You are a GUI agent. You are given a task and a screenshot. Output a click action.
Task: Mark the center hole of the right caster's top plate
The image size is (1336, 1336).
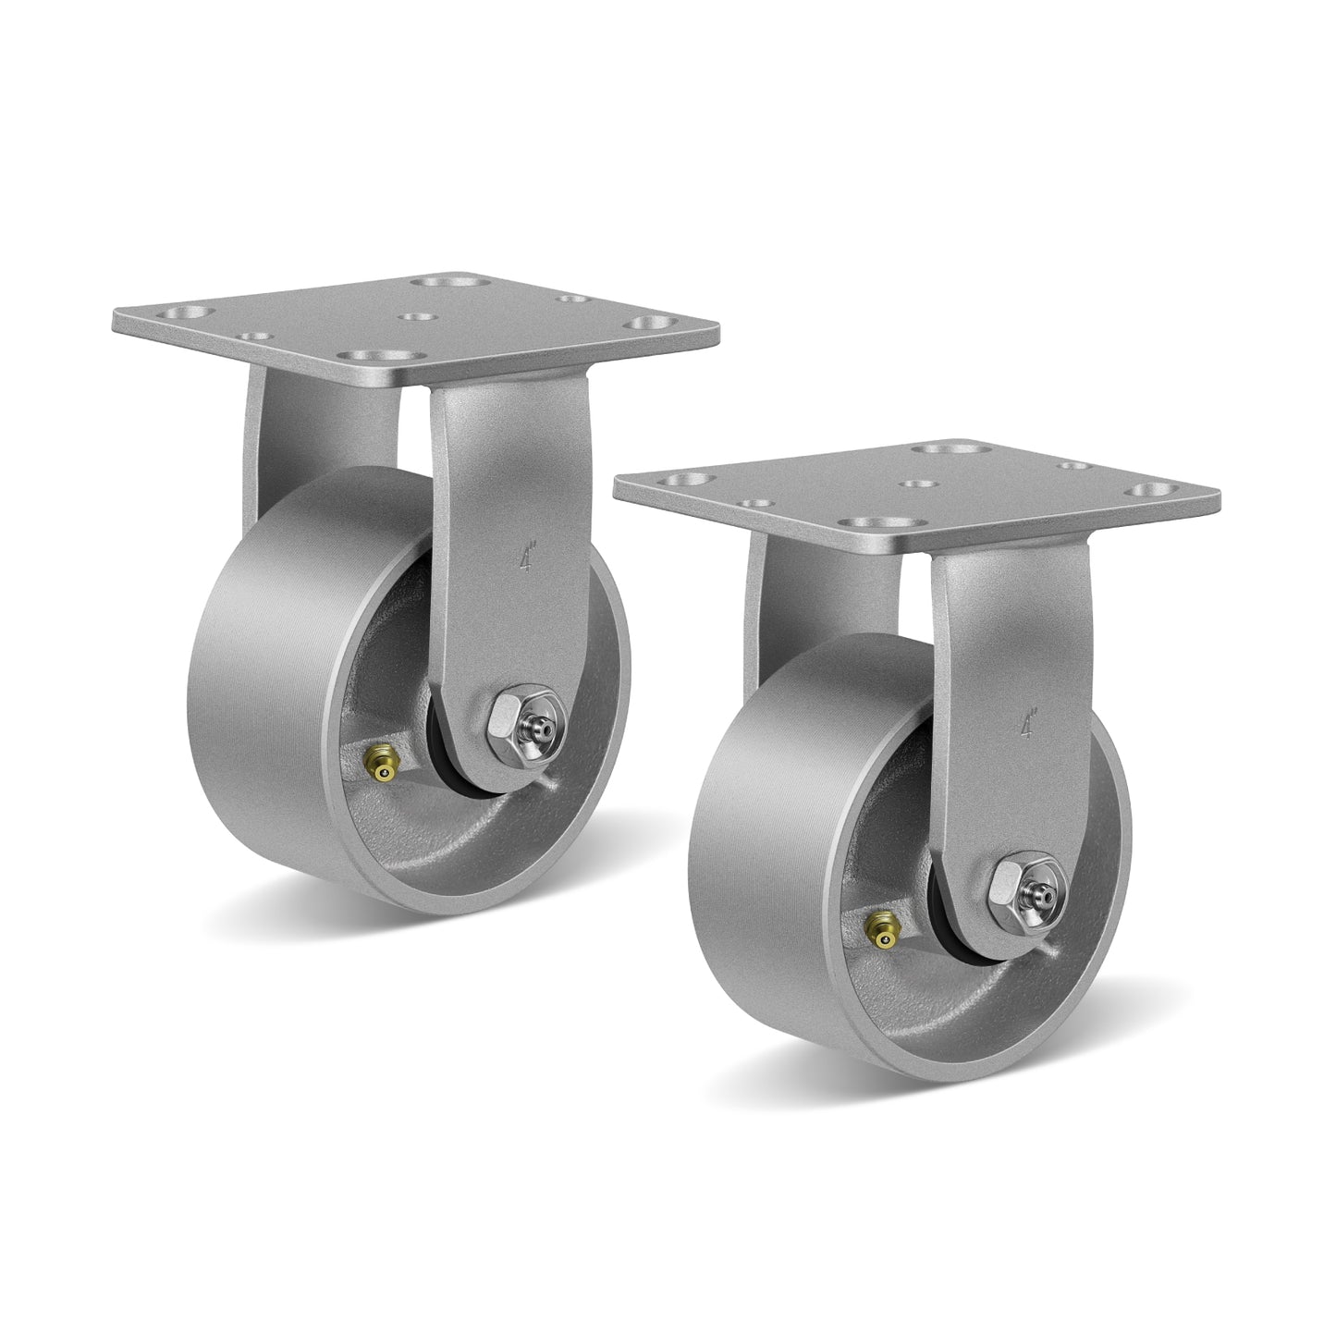click(x=918, y=485)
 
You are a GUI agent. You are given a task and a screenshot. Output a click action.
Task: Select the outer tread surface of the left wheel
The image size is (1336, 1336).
click(x=259, y=703)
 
